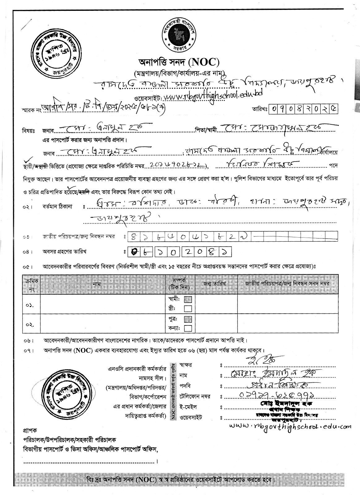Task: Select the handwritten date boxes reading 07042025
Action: pos(304,109)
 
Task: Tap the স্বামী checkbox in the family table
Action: pos(188,299)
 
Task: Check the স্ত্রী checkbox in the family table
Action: pos(188,308)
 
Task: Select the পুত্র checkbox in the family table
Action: pos(188,319)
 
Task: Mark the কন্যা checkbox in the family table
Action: pos(188,328)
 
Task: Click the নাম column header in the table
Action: pos(97,284)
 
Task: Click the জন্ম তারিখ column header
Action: pos(215,283)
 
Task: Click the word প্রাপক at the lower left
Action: pos(30,430)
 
